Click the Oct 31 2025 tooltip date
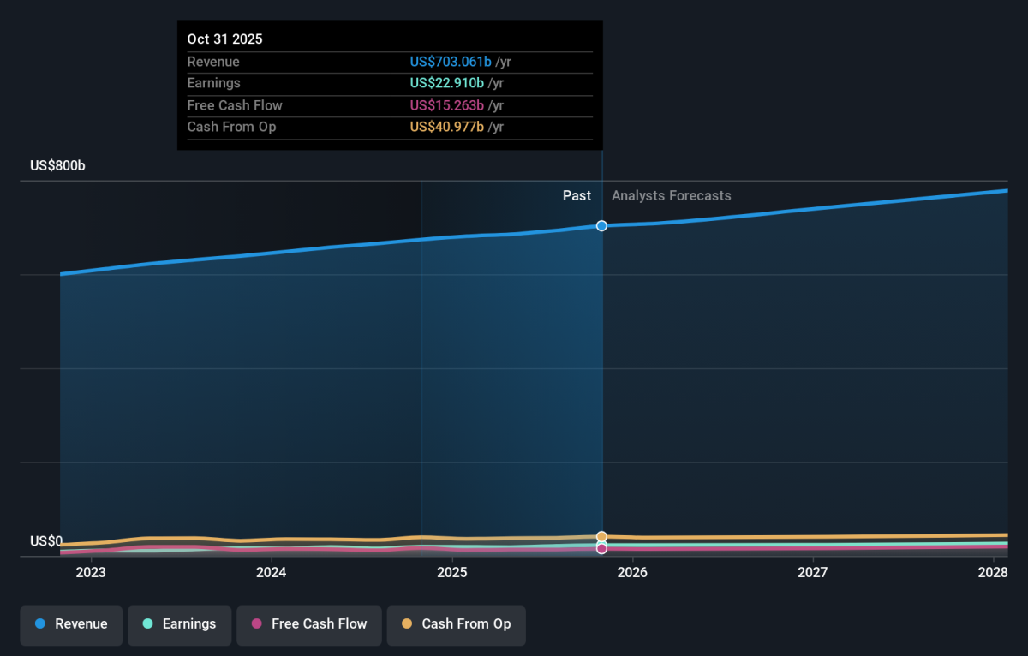tap(224, 39)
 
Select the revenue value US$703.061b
tap(451, 62)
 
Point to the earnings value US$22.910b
tap(446, 83)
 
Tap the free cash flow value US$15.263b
tap(446, 105)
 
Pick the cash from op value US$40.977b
tap(446, 127)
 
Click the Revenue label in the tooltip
tap(213, 62)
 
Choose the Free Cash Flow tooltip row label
tap(235, 105)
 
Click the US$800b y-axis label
tap(57, 165)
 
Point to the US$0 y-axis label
tap(46, 541)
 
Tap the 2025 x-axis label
tap(452, 573)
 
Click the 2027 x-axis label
tap(813, 573)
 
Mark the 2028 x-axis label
tap(993, 573)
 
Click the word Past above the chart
tap(577, 196)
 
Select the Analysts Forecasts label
tap(672, 196)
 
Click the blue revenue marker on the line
tap(601, 226)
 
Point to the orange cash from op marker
tap(601, 536)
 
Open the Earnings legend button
tap(179, 626)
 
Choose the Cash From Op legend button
tap(456, 626)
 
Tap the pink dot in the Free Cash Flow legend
tap(256, 623)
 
